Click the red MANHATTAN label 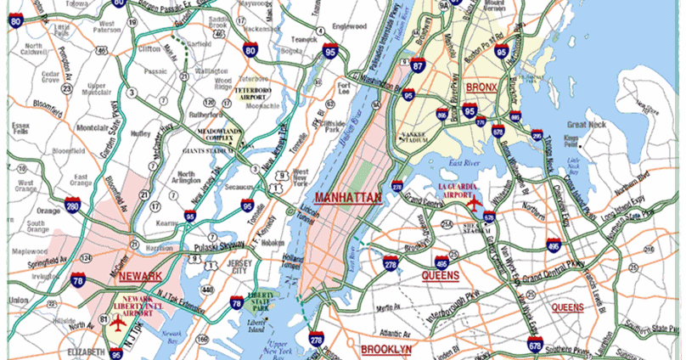[x=347, y=197]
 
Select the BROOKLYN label [x=386, y=349]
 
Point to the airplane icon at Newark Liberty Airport [x=117, y=323]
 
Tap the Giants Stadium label [x=207, y=151]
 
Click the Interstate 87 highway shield [x=418, y=65]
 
